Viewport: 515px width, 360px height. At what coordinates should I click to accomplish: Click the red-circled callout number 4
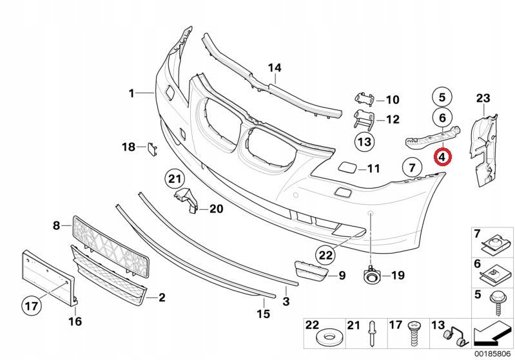click(x=442, y=157)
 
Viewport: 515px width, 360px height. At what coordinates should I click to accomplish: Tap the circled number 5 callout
click(x=442, y=97)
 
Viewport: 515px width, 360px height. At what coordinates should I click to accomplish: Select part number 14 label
click(x=275, y=68)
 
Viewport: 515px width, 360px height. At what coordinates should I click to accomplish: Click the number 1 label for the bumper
click(x=131, y=93)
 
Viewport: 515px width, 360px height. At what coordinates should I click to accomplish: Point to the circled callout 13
click(x=364, y=142)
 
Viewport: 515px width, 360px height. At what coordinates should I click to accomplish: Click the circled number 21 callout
click(x=175, y=179)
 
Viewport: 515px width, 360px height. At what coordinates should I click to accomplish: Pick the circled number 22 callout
click(x=326, y=255)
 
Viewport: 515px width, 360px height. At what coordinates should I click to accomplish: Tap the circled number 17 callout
click(x=32, y=306)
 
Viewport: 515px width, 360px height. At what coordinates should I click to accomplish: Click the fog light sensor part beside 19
click(x=371, y=275)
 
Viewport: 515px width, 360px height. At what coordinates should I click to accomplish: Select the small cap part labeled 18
click(x=152, y=148)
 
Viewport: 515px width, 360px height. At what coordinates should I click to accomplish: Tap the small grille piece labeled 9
click(x=311, y=271)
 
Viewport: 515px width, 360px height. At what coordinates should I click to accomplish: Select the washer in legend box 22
click(x=327, y=339)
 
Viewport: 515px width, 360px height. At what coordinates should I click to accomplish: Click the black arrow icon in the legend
click(x=491, y=332)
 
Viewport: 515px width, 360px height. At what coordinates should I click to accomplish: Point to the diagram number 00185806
click(x=492, y=354)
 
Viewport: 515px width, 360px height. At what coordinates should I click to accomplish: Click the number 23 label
click(x=483, y=98)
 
